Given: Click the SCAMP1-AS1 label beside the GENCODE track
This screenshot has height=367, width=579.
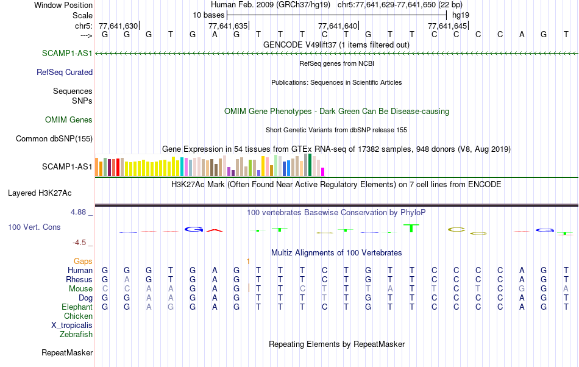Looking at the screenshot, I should click(67, 54).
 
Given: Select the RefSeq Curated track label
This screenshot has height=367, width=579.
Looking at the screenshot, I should click(65, 72).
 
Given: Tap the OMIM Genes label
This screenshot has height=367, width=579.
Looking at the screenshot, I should click(69, 119).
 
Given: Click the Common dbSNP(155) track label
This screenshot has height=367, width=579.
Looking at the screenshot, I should click(54, 138).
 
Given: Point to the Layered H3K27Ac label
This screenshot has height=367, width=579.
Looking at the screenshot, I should click(40, 193).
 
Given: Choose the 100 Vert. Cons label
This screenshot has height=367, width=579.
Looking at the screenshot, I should click(34, 227).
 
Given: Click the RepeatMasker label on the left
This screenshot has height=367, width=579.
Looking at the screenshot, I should click(67, 352).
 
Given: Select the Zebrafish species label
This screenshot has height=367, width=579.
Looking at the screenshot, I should click(76, 334).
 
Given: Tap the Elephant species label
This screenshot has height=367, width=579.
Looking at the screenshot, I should click(77, 307).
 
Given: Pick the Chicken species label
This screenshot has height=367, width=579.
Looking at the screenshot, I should click(78, 316).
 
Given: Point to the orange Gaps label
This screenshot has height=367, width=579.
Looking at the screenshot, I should click(83, 261).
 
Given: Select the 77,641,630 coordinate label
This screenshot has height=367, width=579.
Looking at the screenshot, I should click(118, 26).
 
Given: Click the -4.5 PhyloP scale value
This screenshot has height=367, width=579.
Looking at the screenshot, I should click(80, 242).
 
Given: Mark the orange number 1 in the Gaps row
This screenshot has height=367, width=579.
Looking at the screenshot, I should click(248, 261).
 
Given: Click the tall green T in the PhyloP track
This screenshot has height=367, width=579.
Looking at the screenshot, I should click(412, 228).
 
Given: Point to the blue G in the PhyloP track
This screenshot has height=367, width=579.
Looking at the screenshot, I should click(193, 229).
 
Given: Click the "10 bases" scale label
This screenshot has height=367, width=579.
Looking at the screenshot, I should click(208, 14).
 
